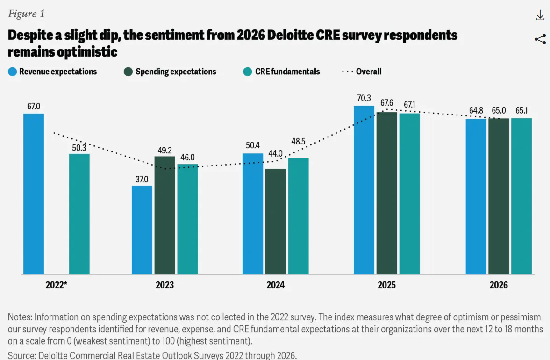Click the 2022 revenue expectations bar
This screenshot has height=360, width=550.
pyautogui.click(x=34, y=194)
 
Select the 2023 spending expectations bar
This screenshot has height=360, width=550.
pyautogui.click(x=164, y=215)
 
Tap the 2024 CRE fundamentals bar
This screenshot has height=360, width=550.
pyautogui.click(x=298, y=216)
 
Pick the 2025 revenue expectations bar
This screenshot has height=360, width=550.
pyautogui.click(x=364, y=190)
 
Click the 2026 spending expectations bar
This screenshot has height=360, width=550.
pyautogui.click(x=499, y=196)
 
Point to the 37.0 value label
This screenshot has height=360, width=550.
pyautogui.click(x=142, y=179)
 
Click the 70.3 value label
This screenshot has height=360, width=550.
pyautogui.click(x=364, y=98)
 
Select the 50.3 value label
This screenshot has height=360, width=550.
pyautogui.click(x=79, y=147)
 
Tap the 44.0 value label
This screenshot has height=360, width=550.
pyautogui.click(x=275, y=153)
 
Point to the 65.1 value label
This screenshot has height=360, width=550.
pyautogui.click(x=521, y=111)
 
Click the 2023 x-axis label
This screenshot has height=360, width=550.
pyautogui.click(x=165, y=285)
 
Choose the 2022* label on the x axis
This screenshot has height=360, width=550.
pyautogui.click(x=57, y=285)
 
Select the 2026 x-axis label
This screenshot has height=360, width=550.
pyautogui.click(x=499, y=285)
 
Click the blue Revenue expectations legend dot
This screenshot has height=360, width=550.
pyautogui.click(x=13, y=72)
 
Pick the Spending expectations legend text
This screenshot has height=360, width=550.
pyautogui.click(x=176, y=72)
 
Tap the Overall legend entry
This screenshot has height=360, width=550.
pyautogui.click(x=362, y=72)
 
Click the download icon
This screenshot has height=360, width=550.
pyautogui.click(x=540, y=15)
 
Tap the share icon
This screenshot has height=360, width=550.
pyautogui.click(x=540, y=39)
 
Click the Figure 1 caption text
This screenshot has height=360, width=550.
pyautogui.click(x=26, y=13)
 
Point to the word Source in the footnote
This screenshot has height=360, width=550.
pyautogui.click(x=22, y=355)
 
